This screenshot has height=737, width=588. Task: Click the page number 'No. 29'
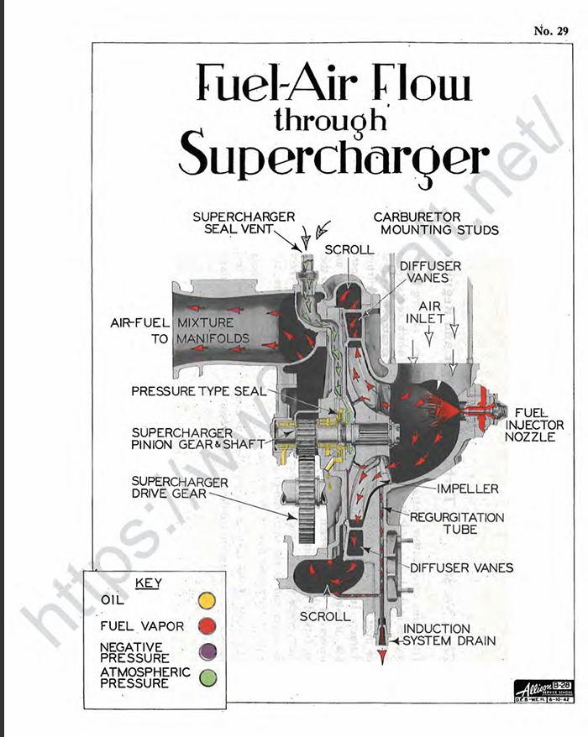[550, 31]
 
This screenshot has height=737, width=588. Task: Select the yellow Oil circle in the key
[207, 600]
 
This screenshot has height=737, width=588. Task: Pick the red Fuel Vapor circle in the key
[207, 626]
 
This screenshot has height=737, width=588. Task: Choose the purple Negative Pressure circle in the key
[207, 651]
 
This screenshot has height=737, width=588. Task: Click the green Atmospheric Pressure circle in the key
[207, 677]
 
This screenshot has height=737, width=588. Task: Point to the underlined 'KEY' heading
[148, 583]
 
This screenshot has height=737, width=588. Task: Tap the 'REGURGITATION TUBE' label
[456, 523]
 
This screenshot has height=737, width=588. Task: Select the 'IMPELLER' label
[467, 489]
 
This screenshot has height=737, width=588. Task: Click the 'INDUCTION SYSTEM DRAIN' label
[449, 635]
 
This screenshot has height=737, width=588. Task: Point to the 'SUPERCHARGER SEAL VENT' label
[244, 223]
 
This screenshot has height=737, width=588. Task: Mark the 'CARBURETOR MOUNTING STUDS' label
[436, 223]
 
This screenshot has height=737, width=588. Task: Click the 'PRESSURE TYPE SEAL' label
[198, 391]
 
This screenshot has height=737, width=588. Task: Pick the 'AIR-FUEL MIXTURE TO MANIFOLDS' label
[180, 330]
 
